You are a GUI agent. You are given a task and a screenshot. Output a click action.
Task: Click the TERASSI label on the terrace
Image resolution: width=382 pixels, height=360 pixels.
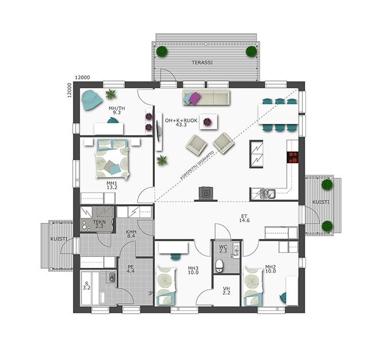tap(202, 62)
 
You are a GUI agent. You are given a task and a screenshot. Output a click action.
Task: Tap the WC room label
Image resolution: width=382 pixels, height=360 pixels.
tap(223, 249)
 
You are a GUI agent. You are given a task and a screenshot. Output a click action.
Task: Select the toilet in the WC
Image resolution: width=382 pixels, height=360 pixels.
tap(219, 265)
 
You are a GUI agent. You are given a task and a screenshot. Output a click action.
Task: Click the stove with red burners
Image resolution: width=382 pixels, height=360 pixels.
tap(293, 157)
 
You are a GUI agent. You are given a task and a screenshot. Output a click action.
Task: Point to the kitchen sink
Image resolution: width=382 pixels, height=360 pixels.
tap(267, 194)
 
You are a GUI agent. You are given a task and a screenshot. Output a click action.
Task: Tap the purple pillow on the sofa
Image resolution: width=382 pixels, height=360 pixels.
tap(194, 99)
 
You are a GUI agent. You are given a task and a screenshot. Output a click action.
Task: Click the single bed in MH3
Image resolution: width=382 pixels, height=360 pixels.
tap(166, 286)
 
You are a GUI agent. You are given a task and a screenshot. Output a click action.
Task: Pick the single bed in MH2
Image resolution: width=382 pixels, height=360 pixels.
tap(253, 286)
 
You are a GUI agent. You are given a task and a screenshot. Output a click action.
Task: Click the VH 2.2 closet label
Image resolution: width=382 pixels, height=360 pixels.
tap(227, 291)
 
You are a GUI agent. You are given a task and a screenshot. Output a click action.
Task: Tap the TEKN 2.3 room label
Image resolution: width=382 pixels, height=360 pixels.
tap(99, 224)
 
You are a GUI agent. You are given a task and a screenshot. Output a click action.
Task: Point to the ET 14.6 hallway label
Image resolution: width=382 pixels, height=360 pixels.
tap(244, 218)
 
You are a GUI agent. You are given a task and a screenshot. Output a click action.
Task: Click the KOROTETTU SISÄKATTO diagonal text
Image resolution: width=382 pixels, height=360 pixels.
tap(197, 166)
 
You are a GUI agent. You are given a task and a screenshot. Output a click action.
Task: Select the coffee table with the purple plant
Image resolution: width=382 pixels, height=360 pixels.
tap(208, 122)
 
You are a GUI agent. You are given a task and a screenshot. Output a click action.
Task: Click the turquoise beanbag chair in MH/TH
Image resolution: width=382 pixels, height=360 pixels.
tap(91, 100)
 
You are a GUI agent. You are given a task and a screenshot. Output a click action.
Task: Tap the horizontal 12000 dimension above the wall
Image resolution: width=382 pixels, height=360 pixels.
tap(83, 77)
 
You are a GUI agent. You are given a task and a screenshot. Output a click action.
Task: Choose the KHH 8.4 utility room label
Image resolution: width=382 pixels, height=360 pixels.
tap(131, 234)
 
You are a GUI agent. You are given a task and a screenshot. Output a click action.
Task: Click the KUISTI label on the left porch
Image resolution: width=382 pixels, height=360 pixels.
tap(59, 239)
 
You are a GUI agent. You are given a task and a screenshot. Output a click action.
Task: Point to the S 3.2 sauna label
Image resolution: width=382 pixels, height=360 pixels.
tap(87, 285)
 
